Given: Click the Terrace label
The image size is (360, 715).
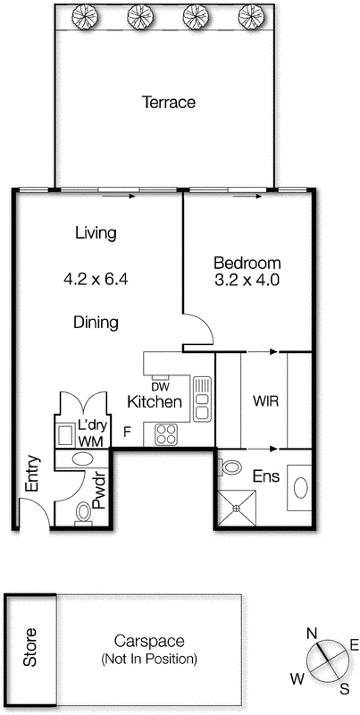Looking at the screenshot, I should point(168,102).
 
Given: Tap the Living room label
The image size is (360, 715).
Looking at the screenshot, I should point(96,233).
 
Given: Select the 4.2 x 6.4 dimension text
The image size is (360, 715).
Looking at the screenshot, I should point(96,279).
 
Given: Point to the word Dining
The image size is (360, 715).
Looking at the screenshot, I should point(96,322).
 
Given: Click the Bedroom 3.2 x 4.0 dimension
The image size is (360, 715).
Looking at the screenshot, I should point(247,279).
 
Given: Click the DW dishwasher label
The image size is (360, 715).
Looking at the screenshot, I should point(160,386).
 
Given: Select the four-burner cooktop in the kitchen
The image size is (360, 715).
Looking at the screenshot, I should point(167,433).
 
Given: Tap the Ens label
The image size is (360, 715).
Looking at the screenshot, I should point(264,475).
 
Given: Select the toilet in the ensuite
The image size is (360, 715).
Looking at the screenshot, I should point(230,467).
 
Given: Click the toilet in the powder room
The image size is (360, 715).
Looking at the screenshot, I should point(84,513).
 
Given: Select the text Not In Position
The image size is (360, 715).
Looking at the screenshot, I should point(149,659).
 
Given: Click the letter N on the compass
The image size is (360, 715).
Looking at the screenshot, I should point(312,634).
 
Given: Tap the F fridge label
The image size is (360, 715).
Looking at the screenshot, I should point(128,433).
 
